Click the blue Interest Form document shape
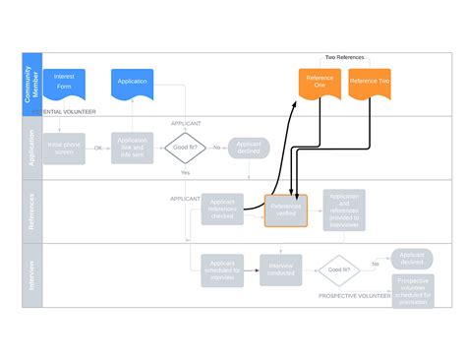(65, 82)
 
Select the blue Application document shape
(132, 82)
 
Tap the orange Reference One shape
(318, 84)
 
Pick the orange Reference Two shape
(370, 82)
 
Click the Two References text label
(344, 57)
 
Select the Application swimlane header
(30, 148)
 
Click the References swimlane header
(30, 211)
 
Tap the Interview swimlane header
(30, 274)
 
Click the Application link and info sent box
(132, 148)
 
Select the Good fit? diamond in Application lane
(185, 148)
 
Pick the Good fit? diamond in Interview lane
(338, 269)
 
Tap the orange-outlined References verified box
(285, 210)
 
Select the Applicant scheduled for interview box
(222, 270)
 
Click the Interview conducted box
(281, 270)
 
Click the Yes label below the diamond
(185, 173)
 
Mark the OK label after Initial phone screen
(97, 148)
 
